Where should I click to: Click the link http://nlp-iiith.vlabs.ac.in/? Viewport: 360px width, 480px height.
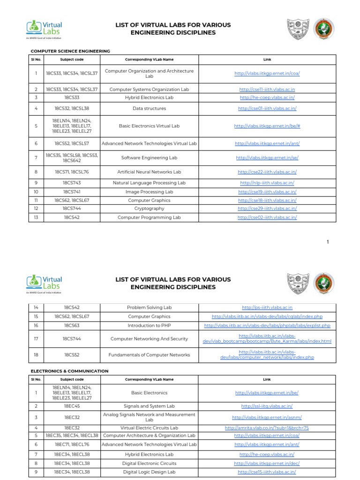267,183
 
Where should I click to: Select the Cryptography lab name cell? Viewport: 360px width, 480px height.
149,209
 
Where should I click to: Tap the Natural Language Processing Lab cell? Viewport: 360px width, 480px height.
149,183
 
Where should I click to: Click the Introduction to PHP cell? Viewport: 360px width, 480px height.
149,325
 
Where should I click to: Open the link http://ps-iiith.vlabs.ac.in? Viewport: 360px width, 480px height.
267,307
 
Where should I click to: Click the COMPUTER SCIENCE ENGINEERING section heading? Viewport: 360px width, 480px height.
70,51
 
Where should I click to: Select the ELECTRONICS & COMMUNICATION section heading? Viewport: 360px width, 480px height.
69,371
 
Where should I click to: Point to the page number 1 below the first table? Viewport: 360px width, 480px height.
328,241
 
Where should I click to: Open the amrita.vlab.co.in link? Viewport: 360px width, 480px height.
267,428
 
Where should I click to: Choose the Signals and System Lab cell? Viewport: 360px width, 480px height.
149,406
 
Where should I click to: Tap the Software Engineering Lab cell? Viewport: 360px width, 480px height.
149,158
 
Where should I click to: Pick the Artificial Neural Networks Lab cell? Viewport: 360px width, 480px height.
149,172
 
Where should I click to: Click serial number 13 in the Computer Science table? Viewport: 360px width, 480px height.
36,217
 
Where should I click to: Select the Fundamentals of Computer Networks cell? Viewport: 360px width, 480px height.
149,355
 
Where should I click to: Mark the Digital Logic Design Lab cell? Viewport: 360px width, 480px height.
149,472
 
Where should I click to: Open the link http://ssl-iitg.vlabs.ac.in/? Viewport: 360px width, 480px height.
267,406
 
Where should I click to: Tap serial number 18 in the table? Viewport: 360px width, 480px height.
36,355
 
